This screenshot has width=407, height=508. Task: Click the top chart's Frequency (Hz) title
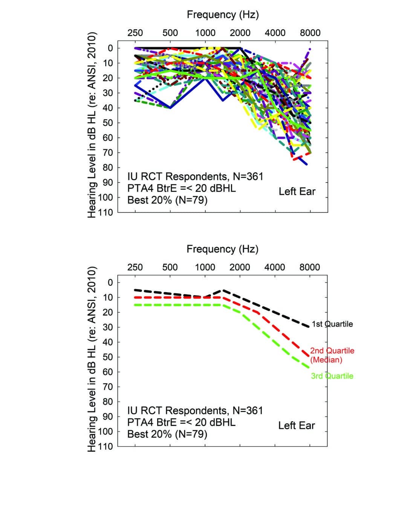click(x=223, y=15)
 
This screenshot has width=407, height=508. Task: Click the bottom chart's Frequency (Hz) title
click(x=222, y=249)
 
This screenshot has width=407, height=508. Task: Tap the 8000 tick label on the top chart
click(x=310, y=33)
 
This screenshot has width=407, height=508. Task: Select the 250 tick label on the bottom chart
click(x=135, y=268)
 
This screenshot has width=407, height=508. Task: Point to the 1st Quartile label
click(x=332, y=324)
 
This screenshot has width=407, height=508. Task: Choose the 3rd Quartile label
click(x=332, y=376)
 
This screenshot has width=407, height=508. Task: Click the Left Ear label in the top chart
click(x=297, y=192)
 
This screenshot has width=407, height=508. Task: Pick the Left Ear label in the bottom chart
click(x=297, y=426)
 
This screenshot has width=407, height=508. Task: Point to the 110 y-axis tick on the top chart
click(x=106, y=213)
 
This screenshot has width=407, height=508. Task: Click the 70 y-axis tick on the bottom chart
click(x=108, y=387)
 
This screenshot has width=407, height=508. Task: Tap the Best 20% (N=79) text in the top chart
click(x=167, y=200)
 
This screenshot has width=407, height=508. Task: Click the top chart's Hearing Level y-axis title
click(x=92, y=124)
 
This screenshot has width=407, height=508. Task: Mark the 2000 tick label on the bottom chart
click(x=240, y=268)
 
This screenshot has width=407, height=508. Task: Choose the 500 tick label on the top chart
click(x=170, y=33)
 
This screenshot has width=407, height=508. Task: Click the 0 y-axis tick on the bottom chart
click(x=110, y=282)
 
